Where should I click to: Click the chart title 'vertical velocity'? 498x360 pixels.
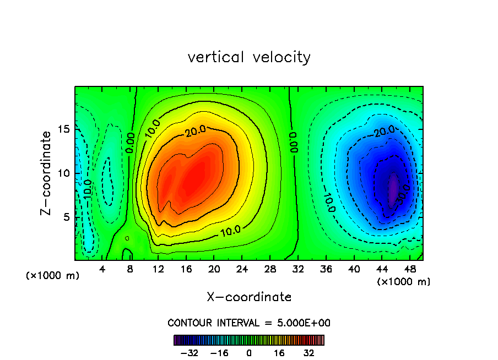pos(249,57)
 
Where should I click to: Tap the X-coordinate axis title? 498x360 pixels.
pos(249,297)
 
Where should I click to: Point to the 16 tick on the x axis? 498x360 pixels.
pos(186,269)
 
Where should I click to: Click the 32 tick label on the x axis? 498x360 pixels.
pos(298,269)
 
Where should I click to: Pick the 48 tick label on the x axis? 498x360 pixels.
pos(410,269)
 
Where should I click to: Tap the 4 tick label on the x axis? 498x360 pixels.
pos(102,269)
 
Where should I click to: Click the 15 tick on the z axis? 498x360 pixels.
pos(64,129)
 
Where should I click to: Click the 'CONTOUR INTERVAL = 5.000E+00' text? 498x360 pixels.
pos(249,323)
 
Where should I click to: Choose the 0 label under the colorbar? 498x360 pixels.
pos(249,353)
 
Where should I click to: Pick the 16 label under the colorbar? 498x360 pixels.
pos(279,353)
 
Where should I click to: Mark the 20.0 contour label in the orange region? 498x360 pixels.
pos(196,130)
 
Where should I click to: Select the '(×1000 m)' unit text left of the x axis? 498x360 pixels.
pos(53,276)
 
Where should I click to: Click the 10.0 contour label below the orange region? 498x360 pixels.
pos(229,230)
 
